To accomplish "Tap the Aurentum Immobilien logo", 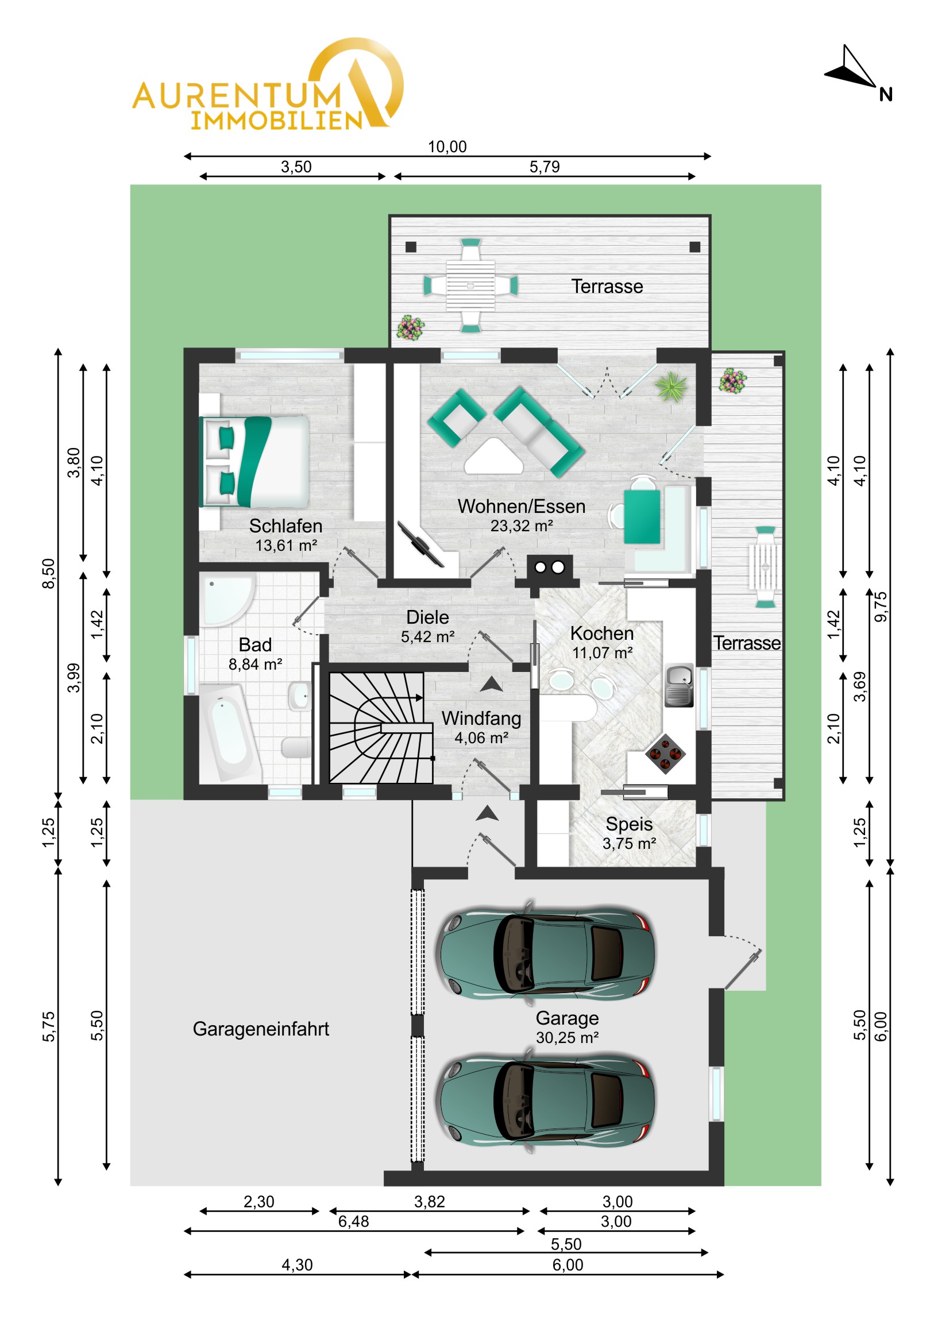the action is tap(268, 84).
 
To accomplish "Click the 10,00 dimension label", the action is tap(447, 146).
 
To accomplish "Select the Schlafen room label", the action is tap(285, 526).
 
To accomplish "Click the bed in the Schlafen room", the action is tap(254, 461).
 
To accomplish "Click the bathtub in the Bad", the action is tap(230, 732).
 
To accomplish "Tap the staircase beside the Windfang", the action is tap(380, 728).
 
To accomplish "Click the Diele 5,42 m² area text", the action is tap(427, 637).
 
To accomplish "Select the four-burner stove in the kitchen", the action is tap(665, 754).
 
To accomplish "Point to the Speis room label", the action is tap(629, 824).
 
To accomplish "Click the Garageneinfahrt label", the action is tap(261, 1029).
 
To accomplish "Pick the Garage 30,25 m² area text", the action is tap(568, 1037).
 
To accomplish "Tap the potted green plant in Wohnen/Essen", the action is tap(671, 386).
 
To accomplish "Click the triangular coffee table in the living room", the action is tap(493, 457).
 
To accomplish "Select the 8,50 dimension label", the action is tap(49, 574).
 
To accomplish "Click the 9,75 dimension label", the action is tap(881, 607).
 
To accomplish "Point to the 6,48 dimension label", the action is tap(353, 1222).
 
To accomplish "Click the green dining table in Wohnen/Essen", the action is tap(642, 516).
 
